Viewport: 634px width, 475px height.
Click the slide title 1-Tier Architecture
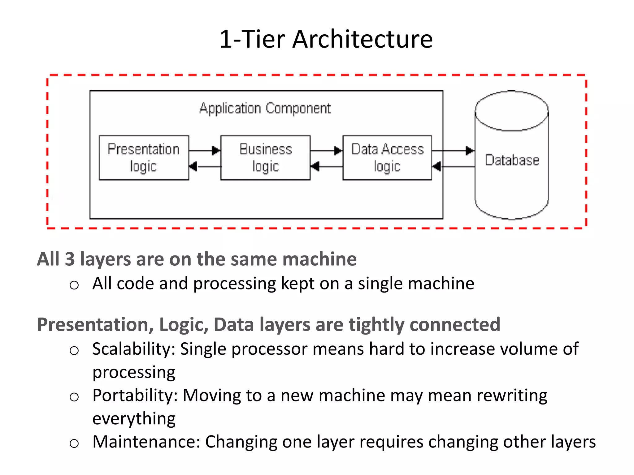point(326,39)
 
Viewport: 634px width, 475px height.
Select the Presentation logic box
point(144,157)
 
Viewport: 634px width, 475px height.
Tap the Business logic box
point(265,157)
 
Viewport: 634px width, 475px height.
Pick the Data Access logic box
point(387,157)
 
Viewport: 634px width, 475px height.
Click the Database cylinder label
point(512,160)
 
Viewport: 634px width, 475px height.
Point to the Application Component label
point(265,109)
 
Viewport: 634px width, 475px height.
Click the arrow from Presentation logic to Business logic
point(205,151)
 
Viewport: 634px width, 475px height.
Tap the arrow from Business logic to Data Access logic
point(326,151)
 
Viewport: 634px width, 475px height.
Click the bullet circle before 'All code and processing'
point(74,285)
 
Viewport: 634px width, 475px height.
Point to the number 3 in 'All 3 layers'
point(70,259)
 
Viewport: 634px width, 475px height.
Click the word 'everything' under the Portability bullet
point(134,419)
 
